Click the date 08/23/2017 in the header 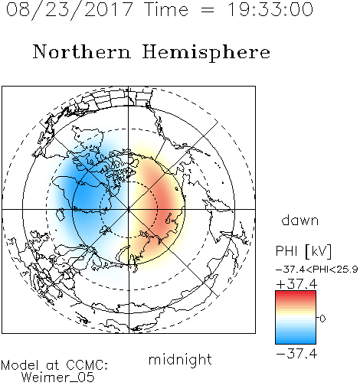coord(70,10)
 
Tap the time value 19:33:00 coord(270,10)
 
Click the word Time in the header coord(166,10)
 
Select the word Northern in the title coord(82,52)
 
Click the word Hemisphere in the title coord(206,53)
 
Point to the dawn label coord(300,220)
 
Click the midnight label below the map coord(180,360)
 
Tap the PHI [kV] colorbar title coord(303,251)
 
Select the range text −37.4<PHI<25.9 coord(317,270)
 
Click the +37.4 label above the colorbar coord(296,284)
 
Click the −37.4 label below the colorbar coord(296,354)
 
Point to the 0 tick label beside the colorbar coord(322,319)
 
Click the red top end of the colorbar coord(296,293)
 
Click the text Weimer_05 coord(58,377)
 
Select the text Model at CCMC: coord(54,365)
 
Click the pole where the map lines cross coord(129,209)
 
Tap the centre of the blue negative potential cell coord(84,198)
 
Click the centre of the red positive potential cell coord(163,204)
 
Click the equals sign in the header coord(208,10)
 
